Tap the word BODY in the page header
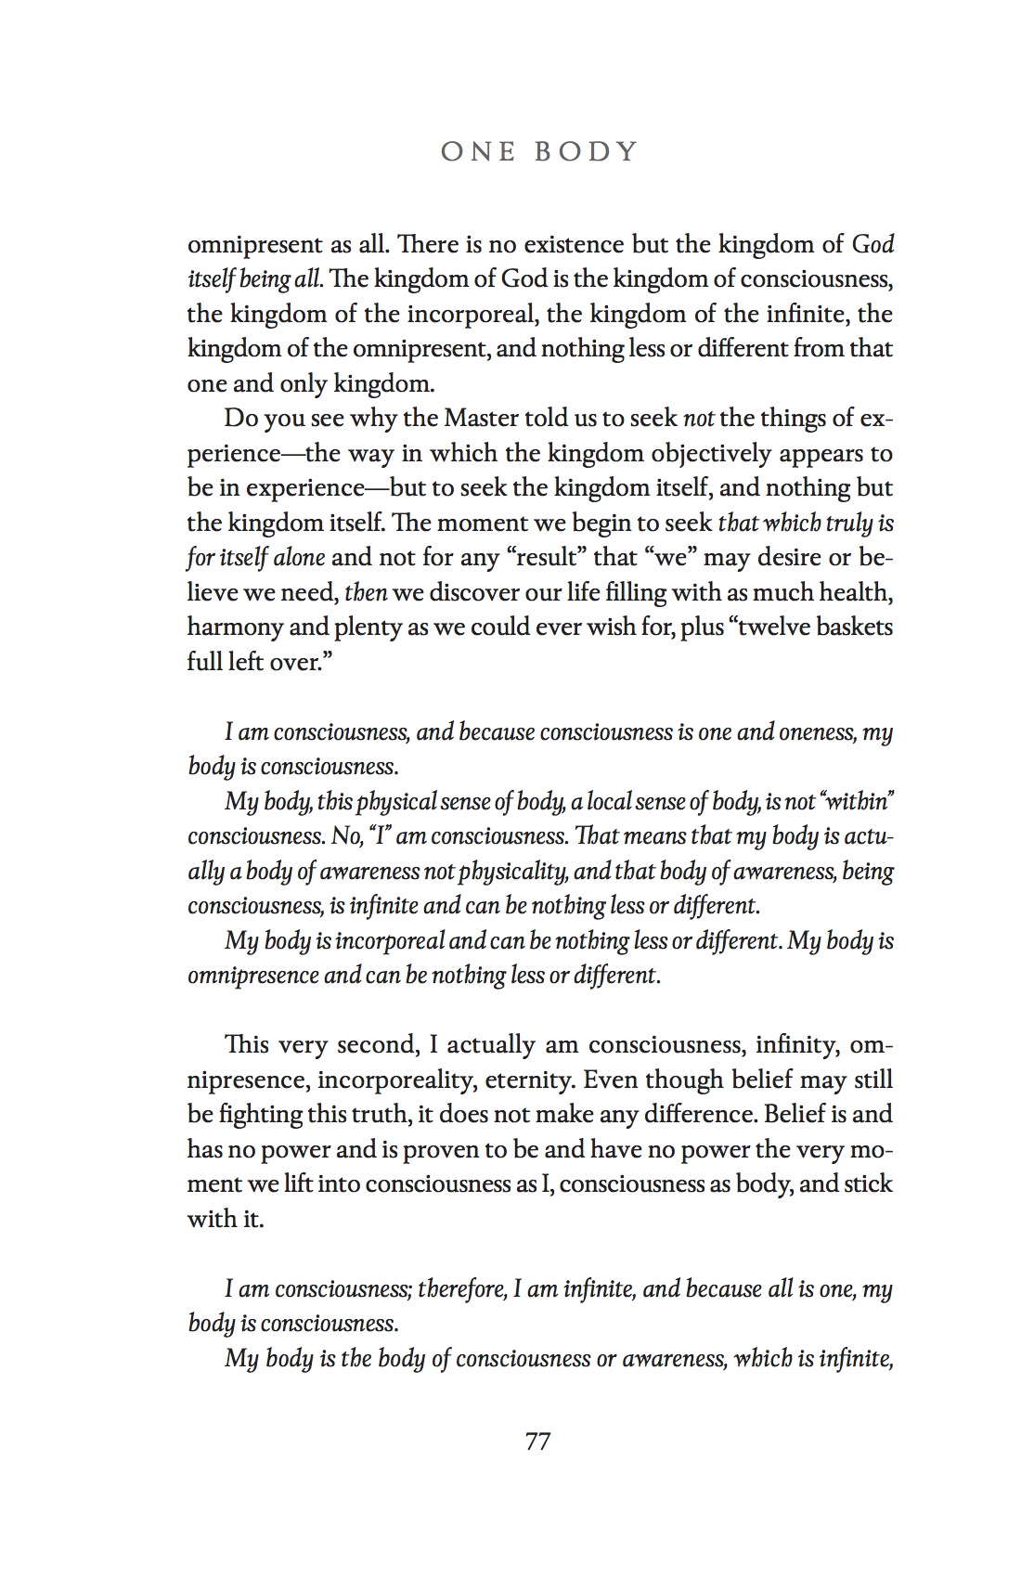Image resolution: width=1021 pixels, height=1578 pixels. (x=587, y=151)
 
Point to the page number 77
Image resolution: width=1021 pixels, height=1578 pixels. (x=538, y=1442)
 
